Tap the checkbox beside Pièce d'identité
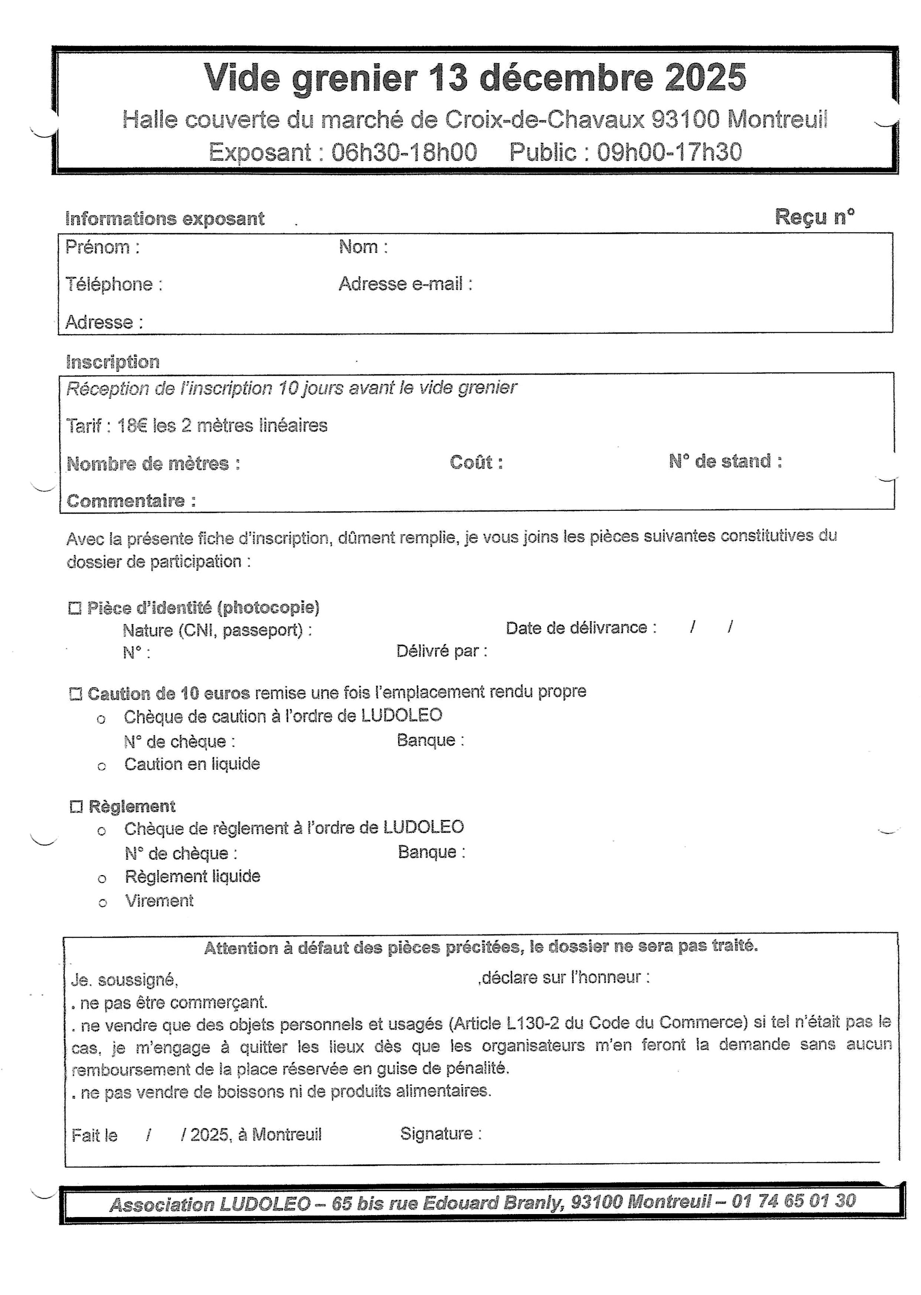pos(74,609)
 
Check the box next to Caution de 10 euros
pos(75,694)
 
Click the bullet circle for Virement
pos(102,903)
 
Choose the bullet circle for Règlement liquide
pos(102,879)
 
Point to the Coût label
pos(476,463)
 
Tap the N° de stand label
pos(725,461)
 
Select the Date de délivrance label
pos(581,628)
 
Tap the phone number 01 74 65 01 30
pos(793,1200)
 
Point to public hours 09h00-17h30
pos(669,153)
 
